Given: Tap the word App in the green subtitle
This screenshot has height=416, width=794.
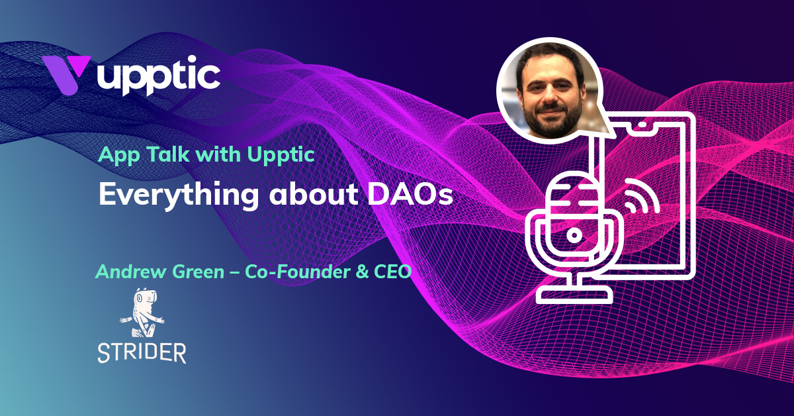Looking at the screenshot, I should click(116, 156).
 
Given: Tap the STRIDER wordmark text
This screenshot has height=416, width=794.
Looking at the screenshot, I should click(142, 352).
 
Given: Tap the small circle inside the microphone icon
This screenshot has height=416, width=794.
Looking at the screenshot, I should click(574, 233).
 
